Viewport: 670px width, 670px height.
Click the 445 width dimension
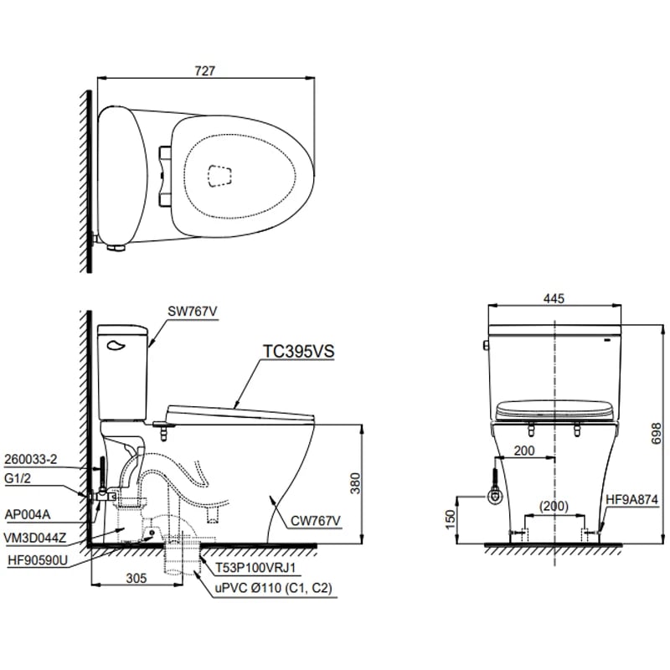[x=554, y=298]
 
